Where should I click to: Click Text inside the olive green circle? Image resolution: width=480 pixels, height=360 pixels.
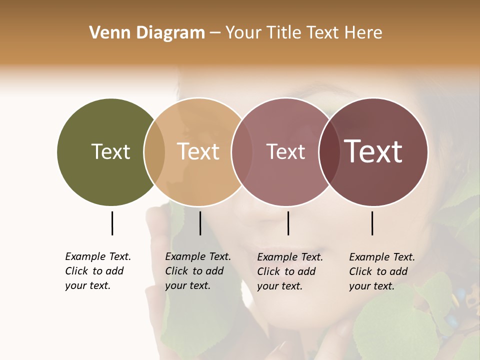[x=110, y=151]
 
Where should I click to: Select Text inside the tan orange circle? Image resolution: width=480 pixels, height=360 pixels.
[x=198, y=151]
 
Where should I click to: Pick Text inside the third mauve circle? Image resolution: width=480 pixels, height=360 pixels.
[x=285, y=151]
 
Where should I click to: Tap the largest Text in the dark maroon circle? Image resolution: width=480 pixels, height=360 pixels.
[x=373, y=151]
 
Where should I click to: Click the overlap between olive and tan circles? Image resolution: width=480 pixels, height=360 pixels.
[x=154, y=152]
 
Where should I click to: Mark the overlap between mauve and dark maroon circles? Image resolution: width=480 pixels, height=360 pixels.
[x=329, y=152]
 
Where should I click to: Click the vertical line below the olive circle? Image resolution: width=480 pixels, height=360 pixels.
[x=112, y=223]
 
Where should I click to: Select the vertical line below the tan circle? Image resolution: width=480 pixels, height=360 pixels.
[x=200, y=223]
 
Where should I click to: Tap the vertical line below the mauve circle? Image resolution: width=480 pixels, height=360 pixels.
[x=288, y=223]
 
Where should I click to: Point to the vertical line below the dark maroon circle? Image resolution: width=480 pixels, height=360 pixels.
[x=372, y=223]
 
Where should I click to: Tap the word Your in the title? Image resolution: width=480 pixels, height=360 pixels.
[x=242, y=33]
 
